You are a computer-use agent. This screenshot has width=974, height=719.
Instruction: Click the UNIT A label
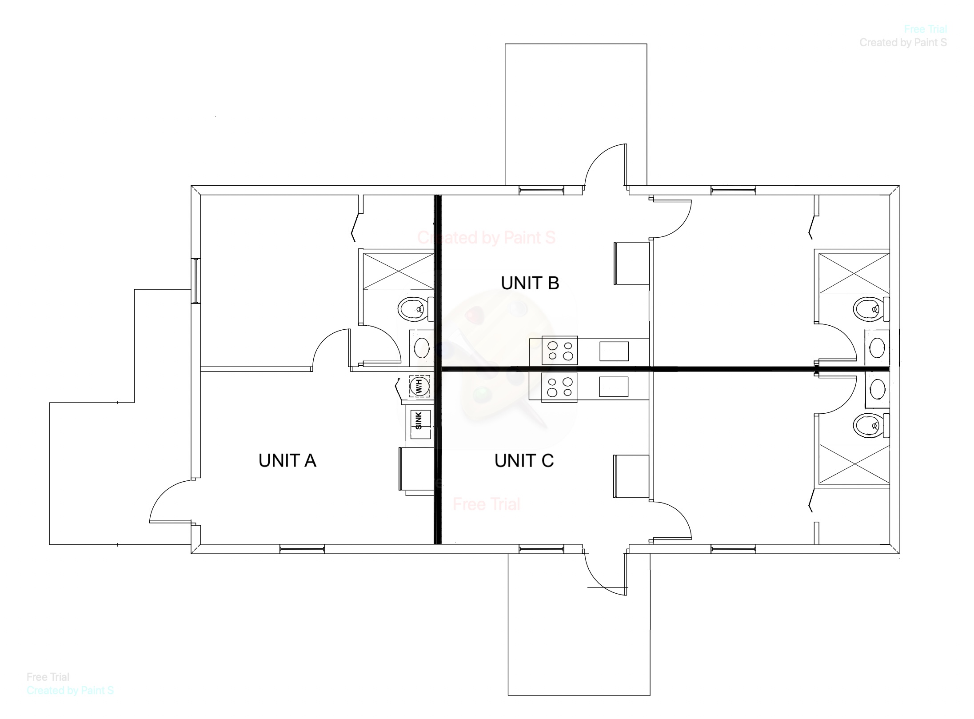pyautogui.click(x=287, y=461)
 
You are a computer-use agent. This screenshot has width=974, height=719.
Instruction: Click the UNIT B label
pyautogui.click(x=530, y=283)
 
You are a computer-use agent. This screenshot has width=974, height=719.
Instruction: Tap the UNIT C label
pyautogui.click(x=524, y=461)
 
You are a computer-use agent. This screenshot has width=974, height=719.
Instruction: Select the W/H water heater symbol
pyautogui.click(x=419, y=387)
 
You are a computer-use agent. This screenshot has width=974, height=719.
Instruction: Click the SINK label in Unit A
pyautogui.click(x=419, y=420)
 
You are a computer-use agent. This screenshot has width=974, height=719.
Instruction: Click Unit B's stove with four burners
pyautogui.click(x=559, y=351)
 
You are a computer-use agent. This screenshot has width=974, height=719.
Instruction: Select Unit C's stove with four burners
pyautogui.click(x=559, y=387)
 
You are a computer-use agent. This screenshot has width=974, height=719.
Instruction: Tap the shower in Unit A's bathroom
pyautogui.click(x=399, y=271)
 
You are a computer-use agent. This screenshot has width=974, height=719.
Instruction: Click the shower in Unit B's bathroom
pyautogui.click(x=854, y=273)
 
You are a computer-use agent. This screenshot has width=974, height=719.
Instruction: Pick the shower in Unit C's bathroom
pyautogui.click(x=854, y=464)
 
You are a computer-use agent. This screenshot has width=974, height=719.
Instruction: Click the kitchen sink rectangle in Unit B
pyautogui.click(x=614, y=351)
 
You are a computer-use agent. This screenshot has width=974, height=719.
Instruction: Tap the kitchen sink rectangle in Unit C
pyautogui.click(x=614, y=387)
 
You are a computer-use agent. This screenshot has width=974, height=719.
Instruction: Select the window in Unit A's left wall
pyautogui.click(x=196, y=280)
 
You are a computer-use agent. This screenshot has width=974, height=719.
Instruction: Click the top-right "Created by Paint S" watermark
pyautogui.click(x=903, y=43)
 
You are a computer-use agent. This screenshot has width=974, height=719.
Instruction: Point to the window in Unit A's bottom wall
pyautogui.click(x=302, y=549)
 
